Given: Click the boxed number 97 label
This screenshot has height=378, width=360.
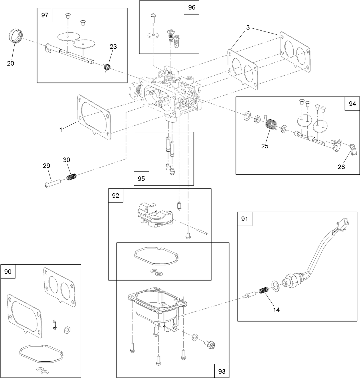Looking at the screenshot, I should pyautogui.click(x=45, y=15).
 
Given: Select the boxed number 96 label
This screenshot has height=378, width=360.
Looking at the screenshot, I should pyautogui.click(x=191, y=7).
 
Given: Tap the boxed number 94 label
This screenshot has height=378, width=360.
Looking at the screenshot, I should pyautogui.click(x=352, y=104).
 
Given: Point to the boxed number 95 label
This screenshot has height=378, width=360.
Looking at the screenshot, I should pyautogui.click(x=141, y=178).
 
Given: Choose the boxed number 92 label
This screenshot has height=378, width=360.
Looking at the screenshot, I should pyautogui.click(x=116, y=196).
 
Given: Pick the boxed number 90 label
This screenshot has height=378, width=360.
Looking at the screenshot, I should pyautogui.click(x=8, y=271).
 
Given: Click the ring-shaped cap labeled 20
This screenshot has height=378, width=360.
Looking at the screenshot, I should pyautogui.click(x=15, y=36).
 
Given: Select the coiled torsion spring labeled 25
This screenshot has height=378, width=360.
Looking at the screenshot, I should pyautogui.click(x=271, y=126).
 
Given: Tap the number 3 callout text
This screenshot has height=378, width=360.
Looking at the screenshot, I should pyautogui.click(x=248, y=28).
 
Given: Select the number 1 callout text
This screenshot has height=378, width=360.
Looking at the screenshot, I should pyautogui.click(x=61, y=130).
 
